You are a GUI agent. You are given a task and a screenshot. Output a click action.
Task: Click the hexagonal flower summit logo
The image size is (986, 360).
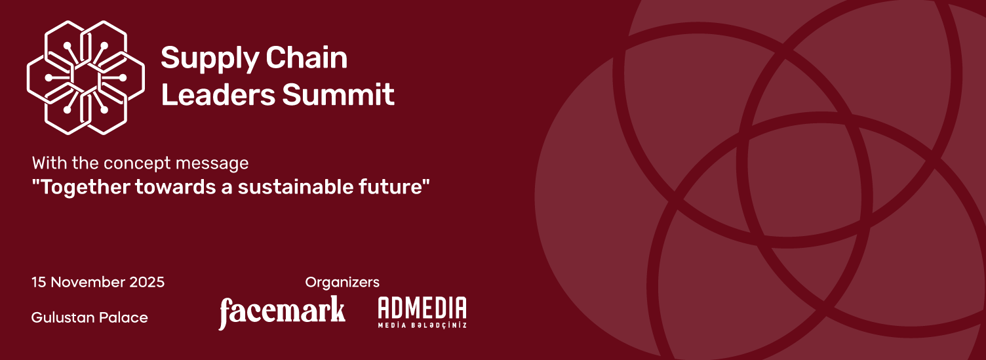tap(86, 77)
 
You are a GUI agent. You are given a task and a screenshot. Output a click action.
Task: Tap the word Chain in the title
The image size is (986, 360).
tap(306, 58)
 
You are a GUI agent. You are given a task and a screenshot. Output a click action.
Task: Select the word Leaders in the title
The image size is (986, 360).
tap(218, 94)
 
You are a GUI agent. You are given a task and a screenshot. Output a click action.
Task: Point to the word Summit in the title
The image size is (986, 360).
tap(338, 94)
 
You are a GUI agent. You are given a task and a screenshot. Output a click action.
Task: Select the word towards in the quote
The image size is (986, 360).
tap(176, 187)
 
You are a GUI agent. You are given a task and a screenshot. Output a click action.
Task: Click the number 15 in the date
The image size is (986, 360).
tap(39, 282)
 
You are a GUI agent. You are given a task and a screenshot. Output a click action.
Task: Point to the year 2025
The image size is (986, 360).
tap(147, 282)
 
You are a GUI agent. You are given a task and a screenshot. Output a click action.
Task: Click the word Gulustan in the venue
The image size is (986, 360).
tap(62, 317)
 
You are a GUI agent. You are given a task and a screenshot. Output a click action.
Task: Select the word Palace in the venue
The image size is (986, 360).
tap(123, 317)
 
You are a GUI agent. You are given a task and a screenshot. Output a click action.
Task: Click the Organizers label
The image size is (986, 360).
tap(342, 282)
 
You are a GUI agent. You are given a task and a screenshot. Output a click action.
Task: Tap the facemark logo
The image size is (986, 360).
tap(282, 312)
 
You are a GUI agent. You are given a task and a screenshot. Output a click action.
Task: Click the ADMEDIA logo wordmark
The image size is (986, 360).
tap(422, 308)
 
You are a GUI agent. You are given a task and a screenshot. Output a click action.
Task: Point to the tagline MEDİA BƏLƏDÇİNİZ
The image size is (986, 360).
tap(422, 325)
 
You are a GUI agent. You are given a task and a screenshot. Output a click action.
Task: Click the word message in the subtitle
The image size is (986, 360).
tap(212, 164)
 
